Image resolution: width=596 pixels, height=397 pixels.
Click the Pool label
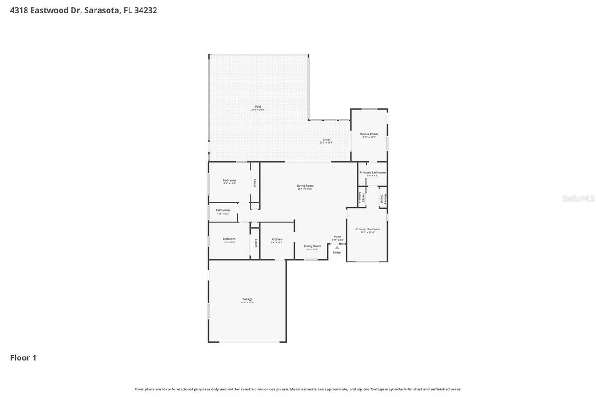pyautogui.click(x=258, y=107)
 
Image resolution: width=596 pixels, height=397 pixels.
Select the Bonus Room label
pyautogui.click(x=369, y=134)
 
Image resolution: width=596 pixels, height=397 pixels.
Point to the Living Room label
pyautogui.click(x=305, y=186)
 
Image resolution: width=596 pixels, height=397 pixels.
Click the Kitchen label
pyautogui.click(x=277, y=239)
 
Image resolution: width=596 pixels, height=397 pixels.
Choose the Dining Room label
pyautogui.click(x=312, y=246)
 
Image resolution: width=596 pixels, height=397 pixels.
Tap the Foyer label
pyautogui.click(x=338, y=237)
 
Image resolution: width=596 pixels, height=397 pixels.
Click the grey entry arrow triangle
pyautogui.click(x=337, y=248)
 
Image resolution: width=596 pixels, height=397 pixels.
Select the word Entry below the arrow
pyautogui.click(x=337, y=253)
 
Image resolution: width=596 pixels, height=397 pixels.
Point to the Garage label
pyautogui.click(x=247, y=299)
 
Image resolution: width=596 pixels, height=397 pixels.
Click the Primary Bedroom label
pyautogui.click(x=367, y=229)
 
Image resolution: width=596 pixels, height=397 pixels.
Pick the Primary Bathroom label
pyautogui.click(x=372, y=173)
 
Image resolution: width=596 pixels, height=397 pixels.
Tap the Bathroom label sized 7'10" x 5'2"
pyautogui.click(x=222, y=210)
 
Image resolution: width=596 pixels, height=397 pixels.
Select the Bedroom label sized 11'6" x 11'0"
pyautogui.click(x=229, y=180)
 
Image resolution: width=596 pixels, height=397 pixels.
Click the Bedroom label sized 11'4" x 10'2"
pyautogui.click(x=229, y=239)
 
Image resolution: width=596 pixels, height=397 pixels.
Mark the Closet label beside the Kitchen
pyautogui.click(x=255, y=243)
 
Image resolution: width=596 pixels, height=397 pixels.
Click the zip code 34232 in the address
pyautogui.click(x=145, y=10)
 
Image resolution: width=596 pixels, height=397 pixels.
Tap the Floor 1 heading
pyautogui.click(x=23, y=357)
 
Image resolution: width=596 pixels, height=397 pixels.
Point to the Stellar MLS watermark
pyautogui.click(x=578, y=199)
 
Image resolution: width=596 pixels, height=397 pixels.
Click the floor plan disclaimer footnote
pyautogui.click(x=298, y=389)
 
